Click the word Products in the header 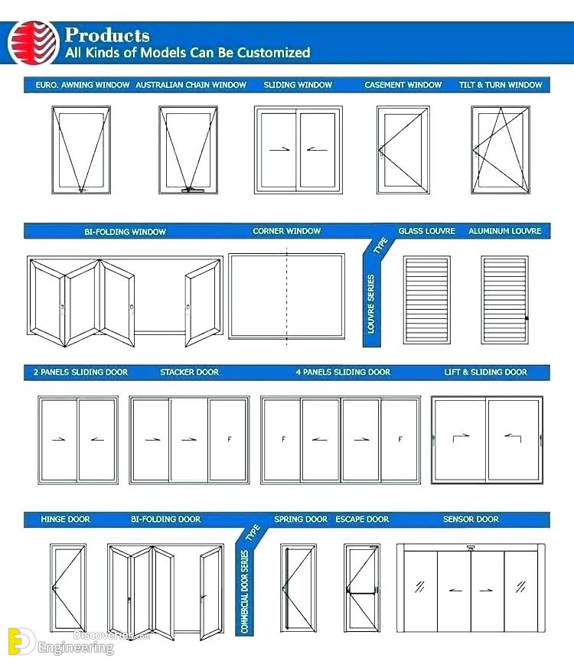click(107, 34)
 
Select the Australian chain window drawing click(188, 148)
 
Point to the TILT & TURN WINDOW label click(501, 85)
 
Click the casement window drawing click(403, 149)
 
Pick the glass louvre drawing click(427, 299)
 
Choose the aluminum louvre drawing click(504, 299)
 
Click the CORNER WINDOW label click(287, 231)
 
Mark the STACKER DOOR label click(190, 373)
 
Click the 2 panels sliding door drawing click(77, 439)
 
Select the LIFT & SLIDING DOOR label click(486, 373)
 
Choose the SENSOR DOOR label click(471, 519)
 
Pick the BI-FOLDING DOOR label click(165, 519)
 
